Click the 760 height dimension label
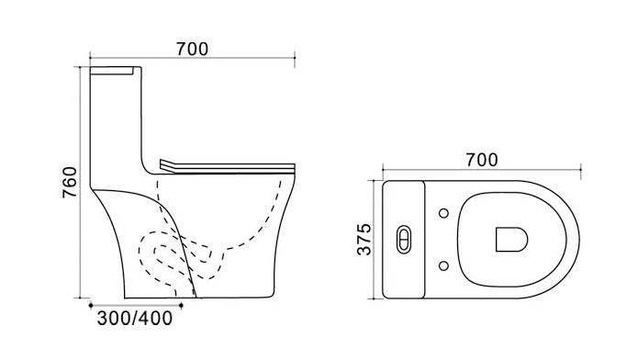(70, 183)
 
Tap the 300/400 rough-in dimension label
(135, 318)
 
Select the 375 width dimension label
(364, 240)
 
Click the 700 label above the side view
(192, 50)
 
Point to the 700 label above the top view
(482, 160)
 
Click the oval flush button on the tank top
(404, 240)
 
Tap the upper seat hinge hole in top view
(444, 213)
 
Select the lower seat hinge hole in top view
(444, 266)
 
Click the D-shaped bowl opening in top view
(511, 240)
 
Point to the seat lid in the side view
(228, 166)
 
